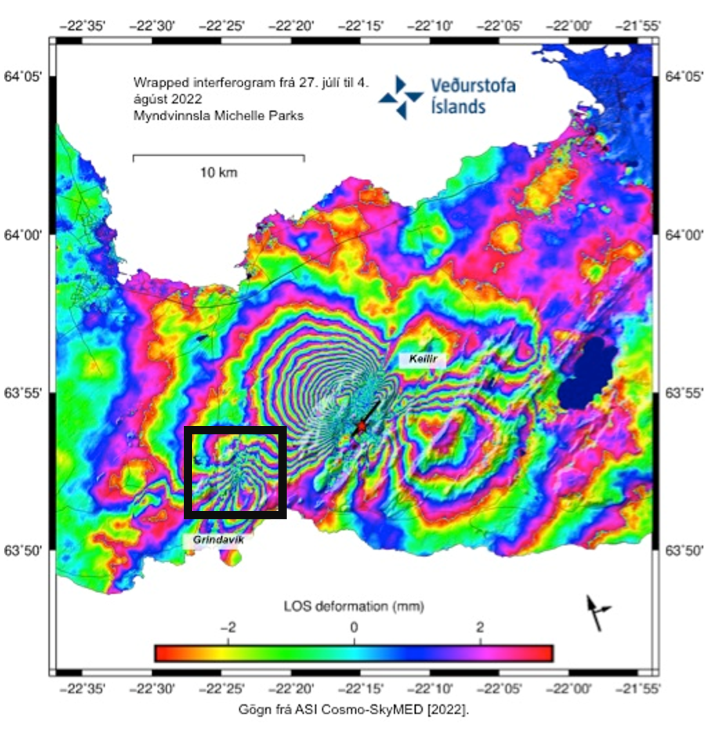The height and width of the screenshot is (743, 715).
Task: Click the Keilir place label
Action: pos(422,359)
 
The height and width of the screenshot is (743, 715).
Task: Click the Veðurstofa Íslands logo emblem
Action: pos(401,97)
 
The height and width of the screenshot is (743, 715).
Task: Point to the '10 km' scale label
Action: pos(219,173)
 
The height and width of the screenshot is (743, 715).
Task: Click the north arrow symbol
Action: pos(595,612)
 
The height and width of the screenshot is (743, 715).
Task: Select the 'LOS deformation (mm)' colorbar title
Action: pos(354,607)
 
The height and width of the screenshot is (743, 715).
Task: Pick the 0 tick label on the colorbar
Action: pos(354,628)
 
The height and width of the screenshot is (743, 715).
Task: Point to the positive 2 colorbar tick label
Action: pos(479,628)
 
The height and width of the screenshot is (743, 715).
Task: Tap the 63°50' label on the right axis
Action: pos(684,550)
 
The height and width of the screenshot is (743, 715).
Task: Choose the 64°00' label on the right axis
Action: pos(684,235)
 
